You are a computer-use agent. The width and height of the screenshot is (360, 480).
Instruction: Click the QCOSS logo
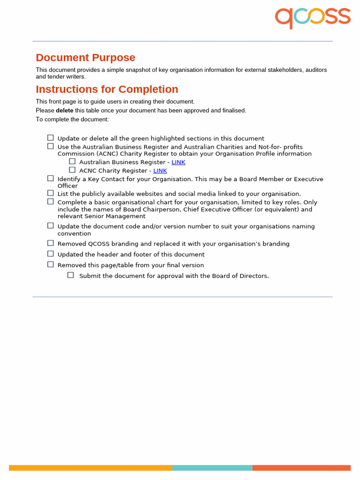313,17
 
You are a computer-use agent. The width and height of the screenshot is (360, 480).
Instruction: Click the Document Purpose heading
85,58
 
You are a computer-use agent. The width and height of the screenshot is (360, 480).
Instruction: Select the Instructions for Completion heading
107,90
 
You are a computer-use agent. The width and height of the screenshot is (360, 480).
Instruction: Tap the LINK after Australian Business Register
179,162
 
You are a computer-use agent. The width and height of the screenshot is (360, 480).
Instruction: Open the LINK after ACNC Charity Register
160,171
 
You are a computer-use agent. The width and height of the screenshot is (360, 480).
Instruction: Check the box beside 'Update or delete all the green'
50,138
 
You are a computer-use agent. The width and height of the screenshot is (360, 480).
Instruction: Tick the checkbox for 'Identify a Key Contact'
50,178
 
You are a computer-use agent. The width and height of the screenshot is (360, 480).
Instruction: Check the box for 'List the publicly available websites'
50,193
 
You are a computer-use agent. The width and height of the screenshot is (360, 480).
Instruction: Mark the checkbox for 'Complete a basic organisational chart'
50,202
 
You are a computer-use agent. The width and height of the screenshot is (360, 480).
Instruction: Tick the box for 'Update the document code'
50,225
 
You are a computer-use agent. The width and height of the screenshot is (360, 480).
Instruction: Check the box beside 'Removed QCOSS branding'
50,243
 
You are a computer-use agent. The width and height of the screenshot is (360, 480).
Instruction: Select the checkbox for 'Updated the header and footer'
50,254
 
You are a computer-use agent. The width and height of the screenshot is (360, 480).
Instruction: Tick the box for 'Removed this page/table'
50,264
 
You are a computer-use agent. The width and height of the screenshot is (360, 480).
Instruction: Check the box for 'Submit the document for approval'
71,275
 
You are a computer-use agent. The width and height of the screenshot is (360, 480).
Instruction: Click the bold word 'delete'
65,111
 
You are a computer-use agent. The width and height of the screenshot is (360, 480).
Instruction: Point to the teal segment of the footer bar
212,467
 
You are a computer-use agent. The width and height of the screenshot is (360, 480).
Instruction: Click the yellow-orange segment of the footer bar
90,467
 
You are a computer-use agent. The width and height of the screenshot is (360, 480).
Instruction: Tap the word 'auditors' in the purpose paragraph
316,70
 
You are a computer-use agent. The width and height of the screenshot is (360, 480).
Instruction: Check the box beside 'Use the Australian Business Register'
50,146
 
